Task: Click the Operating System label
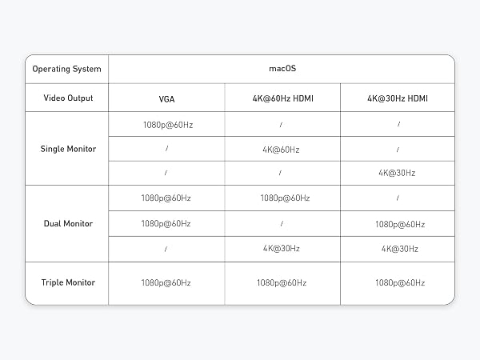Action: tap(66, 69)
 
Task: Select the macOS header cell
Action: tap(282, 68)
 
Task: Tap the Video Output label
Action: tap(68, 98)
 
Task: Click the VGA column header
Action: tap(167, 99)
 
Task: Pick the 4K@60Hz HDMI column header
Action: tap(283, 98)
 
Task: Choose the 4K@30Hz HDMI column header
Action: tap(398, 98)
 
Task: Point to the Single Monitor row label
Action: tap(68, 149)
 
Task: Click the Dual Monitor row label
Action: tap(68, 223)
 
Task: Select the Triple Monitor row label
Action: tap(68, 282)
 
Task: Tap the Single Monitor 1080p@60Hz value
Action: tap(168, 125)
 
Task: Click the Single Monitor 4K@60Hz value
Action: tap(281, 150)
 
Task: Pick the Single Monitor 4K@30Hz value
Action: tap(397, 173)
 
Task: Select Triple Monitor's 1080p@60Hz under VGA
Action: tap(166, 282)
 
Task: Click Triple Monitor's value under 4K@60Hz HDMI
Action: tap(282, 282)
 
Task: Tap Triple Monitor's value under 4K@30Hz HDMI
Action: tap(400, 282)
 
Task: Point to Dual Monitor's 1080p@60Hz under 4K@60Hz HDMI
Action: tap(285, 198)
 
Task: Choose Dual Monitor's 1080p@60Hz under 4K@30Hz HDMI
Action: tap(400, 224)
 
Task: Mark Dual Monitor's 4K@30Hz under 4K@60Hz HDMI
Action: tap(282, 248)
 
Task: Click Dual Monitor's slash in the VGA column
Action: tap(166, 249)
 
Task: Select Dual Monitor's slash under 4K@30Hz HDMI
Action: tap(398, 198)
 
